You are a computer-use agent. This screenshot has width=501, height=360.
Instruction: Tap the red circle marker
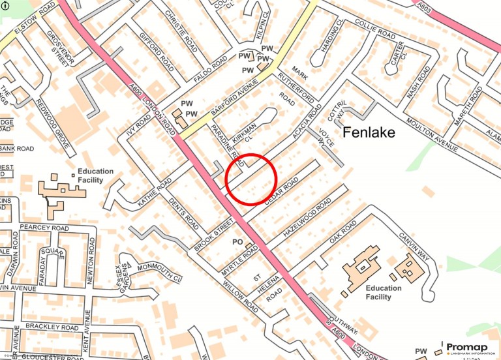pyautogui.click(x=252, y=179)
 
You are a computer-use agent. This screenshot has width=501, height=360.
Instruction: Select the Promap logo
pyautogui.click(x=471, y=349)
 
